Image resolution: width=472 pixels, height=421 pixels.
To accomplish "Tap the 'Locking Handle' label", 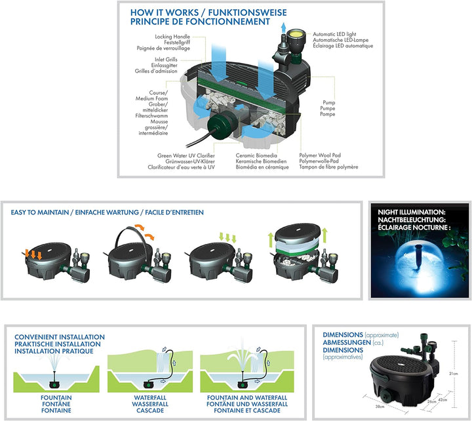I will [x=171, y=37].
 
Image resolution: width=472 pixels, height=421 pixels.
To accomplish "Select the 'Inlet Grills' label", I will [x=171, y=59].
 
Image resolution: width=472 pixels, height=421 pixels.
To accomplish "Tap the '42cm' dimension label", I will [x=442, y=399].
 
